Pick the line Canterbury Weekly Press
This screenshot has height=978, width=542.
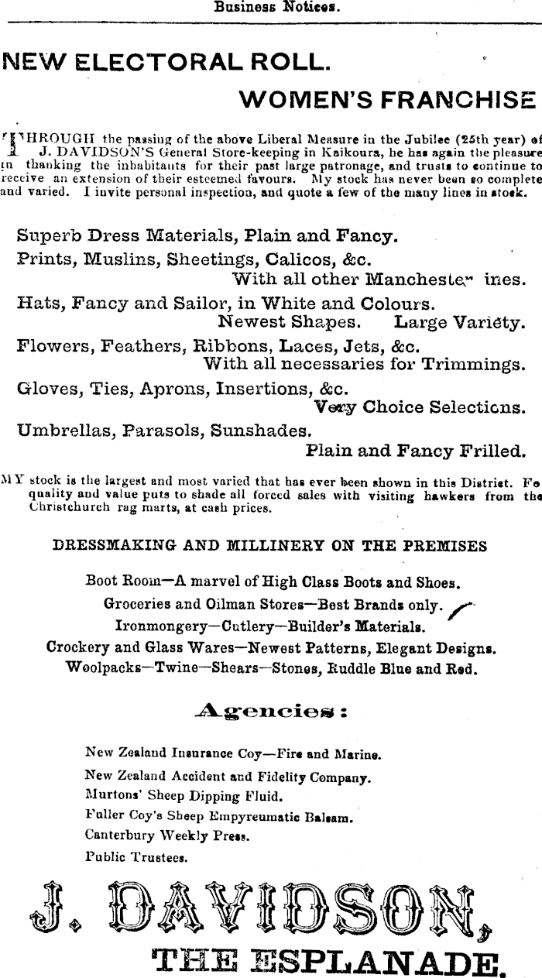coord(166,836)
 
